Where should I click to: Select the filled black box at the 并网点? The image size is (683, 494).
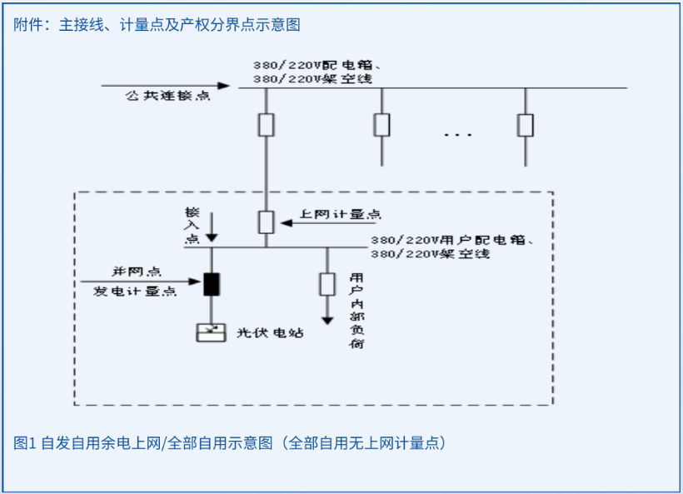pos(212,284)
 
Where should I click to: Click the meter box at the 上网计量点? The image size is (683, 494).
pos(266,222)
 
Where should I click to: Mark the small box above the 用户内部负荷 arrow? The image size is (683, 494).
pos(327,284)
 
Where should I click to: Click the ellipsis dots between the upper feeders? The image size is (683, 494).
pos(457,134)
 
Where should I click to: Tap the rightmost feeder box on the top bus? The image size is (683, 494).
pos(525,125)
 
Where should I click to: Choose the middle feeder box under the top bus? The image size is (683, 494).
pos(381,125)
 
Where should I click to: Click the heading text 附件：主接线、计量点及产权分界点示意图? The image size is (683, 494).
pos(157,25)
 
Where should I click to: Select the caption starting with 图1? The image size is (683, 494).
pos(230,442)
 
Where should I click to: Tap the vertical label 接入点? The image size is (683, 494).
pos(192,226)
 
